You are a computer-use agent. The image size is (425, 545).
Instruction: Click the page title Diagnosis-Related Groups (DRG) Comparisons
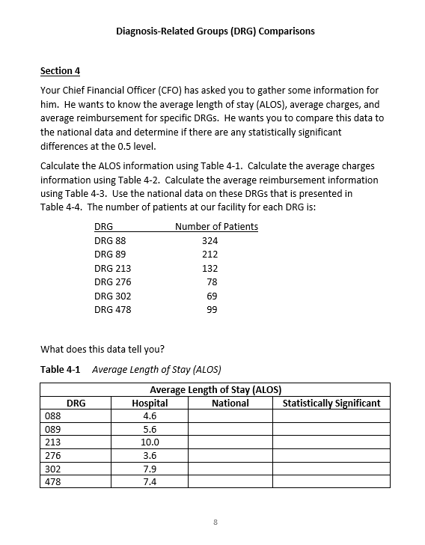[x=215, y=31]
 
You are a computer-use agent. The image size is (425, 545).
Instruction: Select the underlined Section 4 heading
[x=60, y=71]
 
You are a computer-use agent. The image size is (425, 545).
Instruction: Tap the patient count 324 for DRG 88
[x=210, y=241]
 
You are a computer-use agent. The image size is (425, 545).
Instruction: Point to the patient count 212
[x=210, y=255]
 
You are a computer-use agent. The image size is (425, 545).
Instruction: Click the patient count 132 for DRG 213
[x=210, y=269]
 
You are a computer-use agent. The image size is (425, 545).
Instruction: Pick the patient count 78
[x=212, y=282]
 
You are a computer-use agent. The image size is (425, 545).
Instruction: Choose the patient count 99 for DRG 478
[x=212, y=310]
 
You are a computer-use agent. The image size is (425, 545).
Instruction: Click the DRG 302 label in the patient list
[x=112, y=296]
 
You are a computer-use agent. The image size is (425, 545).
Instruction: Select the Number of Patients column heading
[x=216, y=227]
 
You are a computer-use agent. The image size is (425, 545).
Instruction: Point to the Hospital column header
[x=150, y=403]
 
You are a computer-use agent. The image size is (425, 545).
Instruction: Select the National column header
[x=230, y=403]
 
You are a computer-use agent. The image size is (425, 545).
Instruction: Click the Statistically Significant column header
[x=331, y=403]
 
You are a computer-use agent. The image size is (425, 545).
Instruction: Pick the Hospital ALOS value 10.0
[x=150, y=442]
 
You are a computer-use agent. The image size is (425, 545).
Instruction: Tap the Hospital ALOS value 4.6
[x=150, y=415]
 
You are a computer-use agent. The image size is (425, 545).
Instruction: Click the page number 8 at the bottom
[x=215, y=522]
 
